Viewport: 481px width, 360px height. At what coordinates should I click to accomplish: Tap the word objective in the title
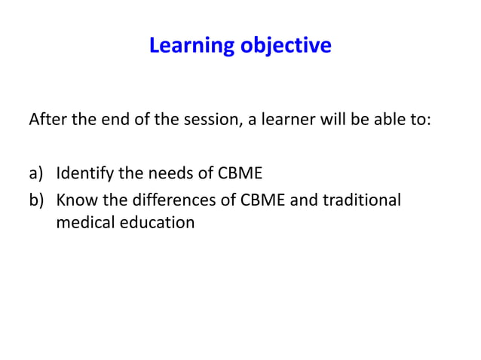pos(286,46)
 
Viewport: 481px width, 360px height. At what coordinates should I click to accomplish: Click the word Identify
pos(84,175)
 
